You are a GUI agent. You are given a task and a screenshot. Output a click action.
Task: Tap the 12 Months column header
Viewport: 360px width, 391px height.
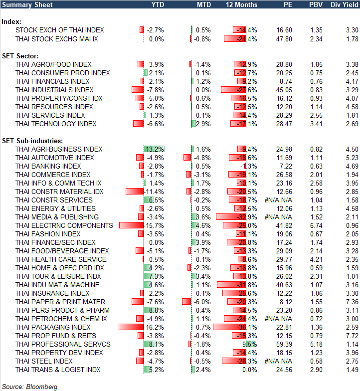[242, 4]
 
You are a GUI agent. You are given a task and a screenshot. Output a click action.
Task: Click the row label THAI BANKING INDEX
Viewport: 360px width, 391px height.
[48, 166]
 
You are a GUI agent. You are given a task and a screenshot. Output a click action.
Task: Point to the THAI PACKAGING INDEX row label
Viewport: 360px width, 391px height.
[53, 327]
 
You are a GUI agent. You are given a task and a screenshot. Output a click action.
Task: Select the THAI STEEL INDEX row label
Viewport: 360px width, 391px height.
[44, 361]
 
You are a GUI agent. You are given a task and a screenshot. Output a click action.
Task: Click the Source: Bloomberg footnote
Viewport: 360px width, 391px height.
[30, 387]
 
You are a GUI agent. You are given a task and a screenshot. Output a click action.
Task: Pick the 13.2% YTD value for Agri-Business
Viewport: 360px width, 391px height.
[155, 149]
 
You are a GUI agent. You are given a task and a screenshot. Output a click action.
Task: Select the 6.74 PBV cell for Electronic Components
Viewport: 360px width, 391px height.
[316, 225]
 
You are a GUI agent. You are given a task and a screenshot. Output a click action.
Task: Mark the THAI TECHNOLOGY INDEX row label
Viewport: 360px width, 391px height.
[56, 124]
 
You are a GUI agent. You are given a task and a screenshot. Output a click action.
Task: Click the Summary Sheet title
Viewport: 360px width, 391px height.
[23, 4]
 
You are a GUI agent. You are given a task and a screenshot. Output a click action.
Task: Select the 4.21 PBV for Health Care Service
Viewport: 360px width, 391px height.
[316, 259]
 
